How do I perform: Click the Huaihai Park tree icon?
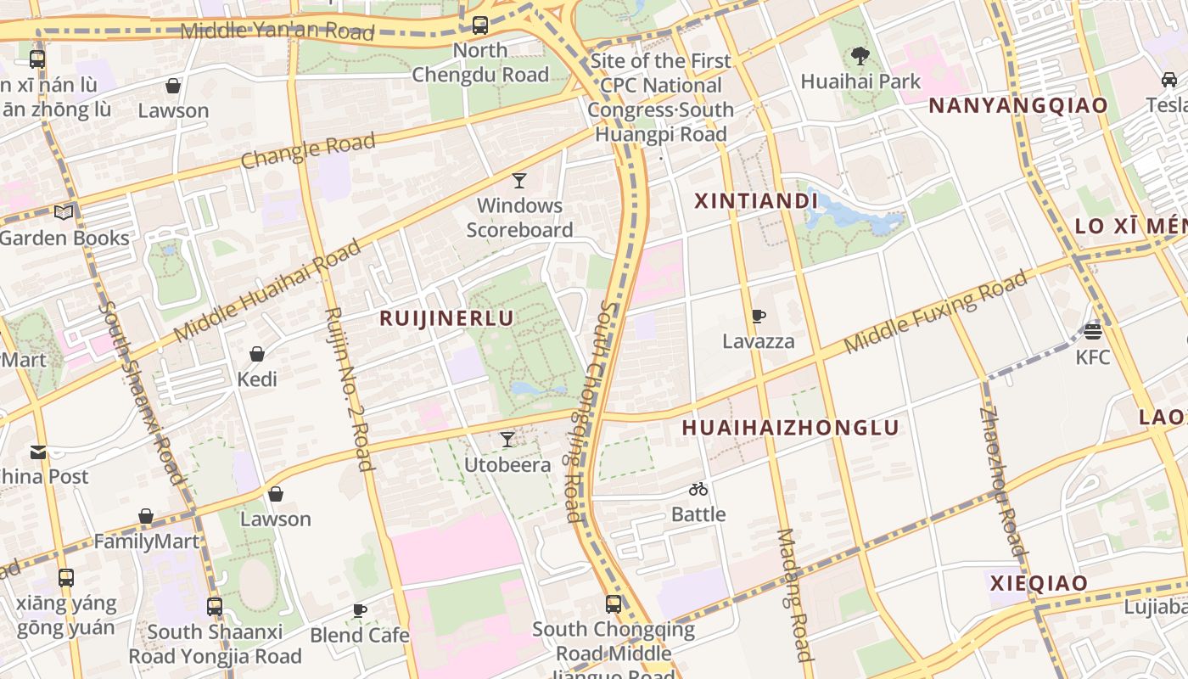tap(860, 57)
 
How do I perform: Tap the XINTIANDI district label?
tap(756, 201)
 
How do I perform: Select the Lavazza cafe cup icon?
tap(759, 317)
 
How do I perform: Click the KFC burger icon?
tap(1093, 332)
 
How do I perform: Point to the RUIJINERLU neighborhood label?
tap(446, 318)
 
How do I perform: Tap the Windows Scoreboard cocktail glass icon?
tap(519, 181)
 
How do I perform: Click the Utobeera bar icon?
tap(507, 440)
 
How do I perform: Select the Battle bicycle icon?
tap(698, 489)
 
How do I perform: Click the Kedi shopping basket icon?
tap(257, 354)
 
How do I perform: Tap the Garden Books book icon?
tap(64, 212)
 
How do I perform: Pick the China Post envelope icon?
tap(38, 452)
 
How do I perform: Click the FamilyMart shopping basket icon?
tap(146, 516)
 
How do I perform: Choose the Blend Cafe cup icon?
tap(360, 610)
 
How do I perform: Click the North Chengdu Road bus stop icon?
tap(480, 25)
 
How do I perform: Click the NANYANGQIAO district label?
tap(1018, 105)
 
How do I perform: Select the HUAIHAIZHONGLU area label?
tap(790, 428)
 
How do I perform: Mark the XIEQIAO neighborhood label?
tap(1039, 583)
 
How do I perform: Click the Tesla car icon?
tap(1169, 80)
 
